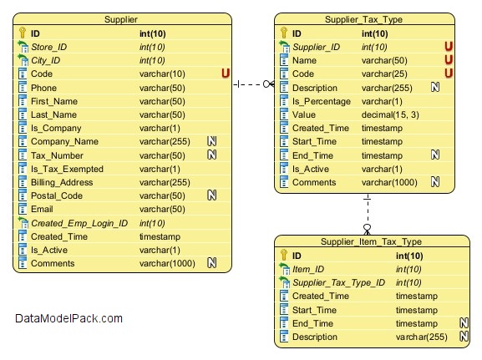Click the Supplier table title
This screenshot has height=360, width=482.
(121, 19)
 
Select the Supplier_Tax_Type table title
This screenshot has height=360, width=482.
(363, 19)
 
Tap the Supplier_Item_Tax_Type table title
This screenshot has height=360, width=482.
(371, 241)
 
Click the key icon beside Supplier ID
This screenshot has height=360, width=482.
(22, 33)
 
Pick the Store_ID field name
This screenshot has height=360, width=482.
(49, 47)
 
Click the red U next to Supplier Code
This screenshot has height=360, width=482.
(226, 74)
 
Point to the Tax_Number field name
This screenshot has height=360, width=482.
(57, 155)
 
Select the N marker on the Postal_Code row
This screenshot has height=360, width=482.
(212, 195)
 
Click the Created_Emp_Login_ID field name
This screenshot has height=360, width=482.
(79, 223)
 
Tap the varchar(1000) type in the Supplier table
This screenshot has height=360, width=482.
(167, 263)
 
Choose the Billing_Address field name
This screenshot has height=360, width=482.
(62, 182)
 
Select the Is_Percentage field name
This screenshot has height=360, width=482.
(322, 101)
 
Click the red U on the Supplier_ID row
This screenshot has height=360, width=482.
(449, 47)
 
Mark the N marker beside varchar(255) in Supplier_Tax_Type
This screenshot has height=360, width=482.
(435, 88)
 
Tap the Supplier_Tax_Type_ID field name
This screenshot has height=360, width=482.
(338, 282)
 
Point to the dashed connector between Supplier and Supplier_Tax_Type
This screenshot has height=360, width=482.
(253, 84)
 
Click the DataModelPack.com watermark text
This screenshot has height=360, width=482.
(68, 318)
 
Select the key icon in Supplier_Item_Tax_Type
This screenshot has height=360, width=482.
(284, 255)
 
